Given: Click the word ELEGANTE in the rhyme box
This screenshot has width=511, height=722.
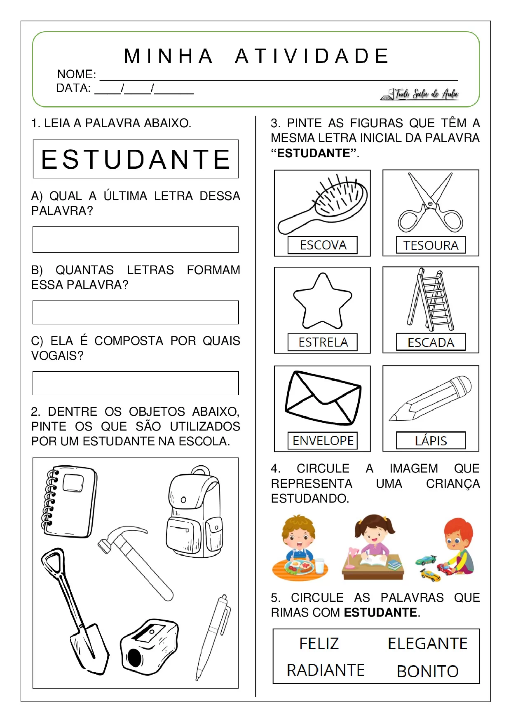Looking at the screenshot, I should pyautogui.click(x=427, y=644).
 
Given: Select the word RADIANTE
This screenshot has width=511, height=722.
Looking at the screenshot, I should pyautogui.click(x=326, y=671).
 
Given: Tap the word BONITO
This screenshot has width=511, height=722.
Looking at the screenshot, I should pyautogui.click(x=427, y=671).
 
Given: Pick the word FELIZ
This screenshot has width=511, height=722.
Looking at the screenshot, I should pyautogui.click(x=319, y=644).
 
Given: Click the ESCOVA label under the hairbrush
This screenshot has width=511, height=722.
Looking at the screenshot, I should pyautogui.click(x=323, y=245).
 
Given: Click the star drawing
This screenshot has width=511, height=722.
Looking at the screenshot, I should pyautogui.click(x=323, y=301).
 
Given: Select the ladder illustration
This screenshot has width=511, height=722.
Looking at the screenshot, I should pyautogui.click(x=431, y=300).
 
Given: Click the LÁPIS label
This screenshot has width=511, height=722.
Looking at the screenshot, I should pyautogui.click(x=431, y=441).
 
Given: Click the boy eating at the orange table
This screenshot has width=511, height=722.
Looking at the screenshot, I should pyautogui.click(x=300, y=547).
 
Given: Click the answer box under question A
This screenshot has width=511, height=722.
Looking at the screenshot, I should pyautogui.click(x=135, y=240).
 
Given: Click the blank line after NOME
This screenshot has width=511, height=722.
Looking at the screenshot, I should pyautogui.click(x=279, y=76).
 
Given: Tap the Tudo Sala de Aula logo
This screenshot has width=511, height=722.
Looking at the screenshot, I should pyautogui.click(x=420, y=94).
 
